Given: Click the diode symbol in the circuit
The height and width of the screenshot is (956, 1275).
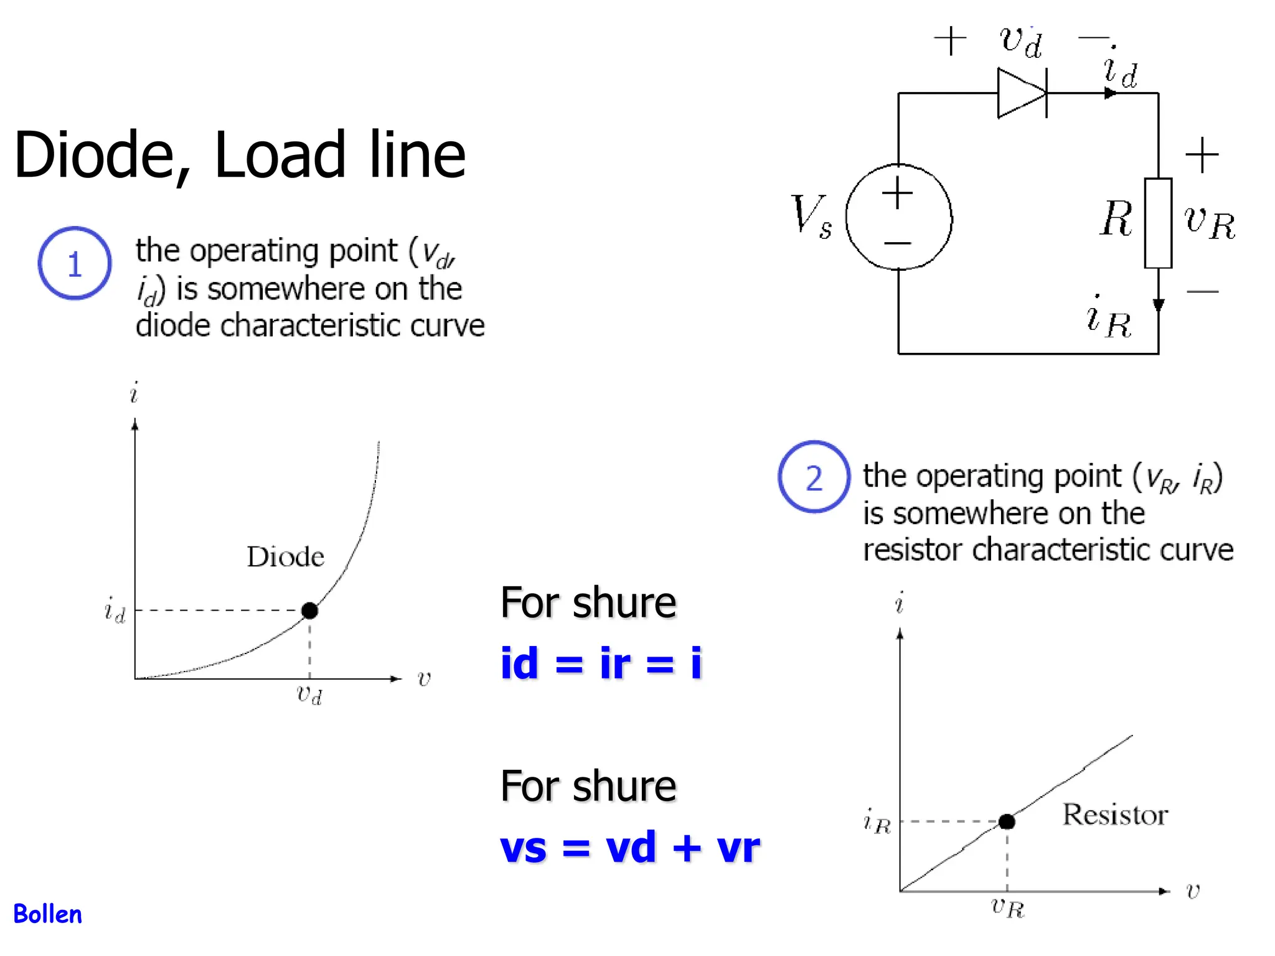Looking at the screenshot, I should (1021, 93).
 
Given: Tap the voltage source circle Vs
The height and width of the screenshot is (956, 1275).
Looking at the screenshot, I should (898, 217).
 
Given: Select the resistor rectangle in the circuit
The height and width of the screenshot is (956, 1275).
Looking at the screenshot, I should (1157, 223).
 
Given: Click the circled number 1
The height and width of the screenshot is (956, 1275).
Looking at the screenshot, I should (75, 263).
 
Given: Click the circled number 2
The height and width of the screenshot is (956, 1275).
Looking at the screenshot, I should (814, 477).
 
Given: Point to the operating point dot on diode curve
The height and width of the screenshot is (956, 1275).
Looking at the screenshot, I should (309, 611).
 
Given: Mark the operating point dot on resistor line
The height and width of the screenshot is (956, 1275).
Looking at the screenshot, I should (1007, 822).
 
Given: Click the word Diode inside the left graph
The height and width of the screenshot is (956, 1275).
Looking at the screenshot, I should (285, 556).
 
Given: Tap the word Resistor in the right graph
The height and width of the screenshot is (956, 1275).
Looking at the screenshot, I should (1114, 815).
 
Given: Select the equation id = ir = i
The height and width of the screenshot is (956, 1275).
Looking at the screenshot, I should (601, 663).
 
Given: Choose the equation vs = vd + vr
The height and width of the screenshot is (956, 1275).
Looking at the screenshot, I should (630, 848).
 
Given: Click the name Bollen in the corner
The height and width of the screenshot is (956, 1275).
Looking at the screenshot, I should (47, 914).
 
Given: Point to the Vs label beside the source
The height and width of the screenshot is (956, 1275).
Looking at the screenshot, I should (811, 215).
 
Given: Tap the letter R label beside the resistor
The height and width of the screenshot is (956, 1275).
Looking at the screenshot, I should (1116, 219).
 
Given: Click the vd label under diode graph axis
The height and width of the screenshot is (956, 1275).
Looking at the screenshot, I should (309, 694).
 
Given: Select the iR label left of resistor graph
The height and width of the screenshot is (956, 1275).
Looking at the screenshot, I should (877, 822).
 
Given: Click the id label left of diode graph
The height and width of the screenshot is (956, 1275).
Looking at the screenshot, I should (115, 610).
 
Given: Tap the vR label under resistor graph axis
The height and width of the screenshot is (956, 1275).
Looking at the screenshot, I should (1007, 907).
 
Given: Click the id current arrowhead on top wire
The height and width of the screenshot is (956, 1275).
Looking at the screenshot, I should (1110, 93).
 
